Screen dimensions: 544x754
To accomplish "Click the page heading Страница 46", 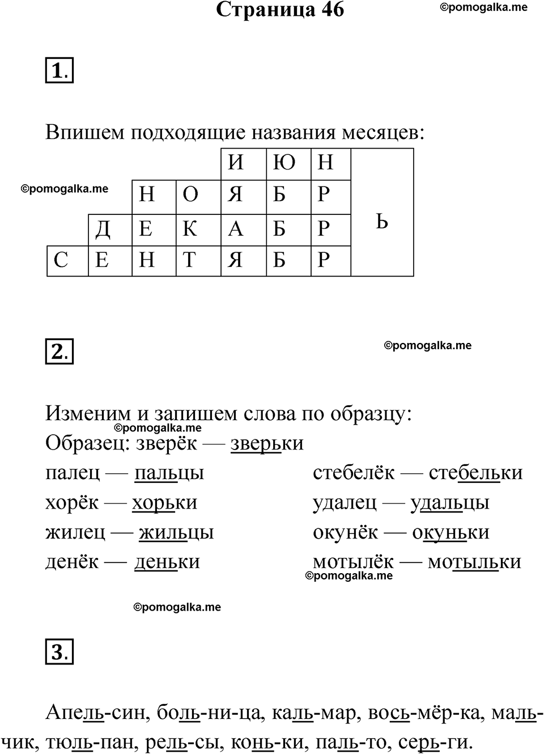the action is click(280, 10).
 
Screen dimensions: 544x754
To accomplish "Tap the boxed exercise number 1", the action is click(59, 72).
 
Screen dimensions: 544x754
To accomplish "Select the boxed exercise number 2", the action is click(59, 352).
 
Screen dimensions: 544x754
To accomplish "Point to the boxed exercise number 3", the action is click(59, 652).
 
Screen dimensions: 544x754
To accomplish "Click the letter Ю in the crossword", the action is click(283, 163).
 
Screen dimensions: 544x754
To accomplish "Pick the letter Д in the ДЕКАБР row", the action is click(103, 228).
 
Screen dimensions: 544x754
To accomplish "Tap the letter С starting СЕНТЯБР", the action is click(61, 260).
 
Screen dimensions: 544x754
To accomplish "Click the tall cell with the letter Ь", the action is click(382, 221).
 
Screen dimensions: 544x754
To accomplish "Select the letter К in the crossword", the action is click(190, 228).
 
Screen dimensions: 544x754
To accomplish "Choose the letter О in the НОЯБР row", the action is click(190, 194).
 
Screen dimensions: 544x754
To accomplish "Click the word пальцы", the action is click(169, 473).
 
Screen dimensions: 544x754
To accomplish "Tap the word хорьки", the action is click(164, 503).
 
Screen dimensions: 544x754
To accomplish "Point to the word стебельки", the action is click(475, 473).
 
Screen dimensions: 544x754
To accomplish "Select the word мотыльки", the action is click(474, 562).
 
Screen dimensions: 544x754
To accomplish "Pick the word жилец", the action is click(75, 532).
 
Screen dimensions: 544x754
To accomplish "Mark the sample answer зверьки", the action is click(267, 443).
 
